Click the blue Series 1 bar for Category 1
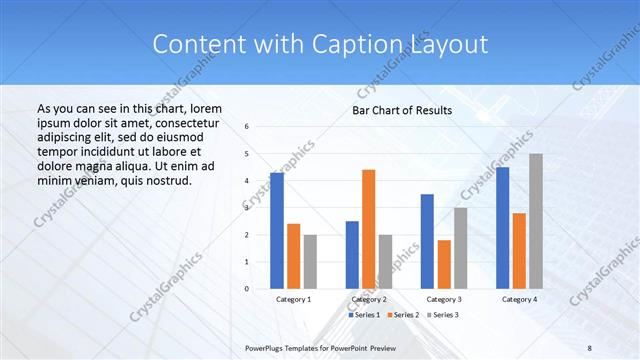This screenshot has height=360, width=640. [x=277, y=230]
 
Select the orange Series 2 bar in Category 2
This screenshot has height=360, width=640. [x=368, y=229]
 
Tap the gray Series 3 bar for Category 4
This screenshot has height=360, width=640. [x=536, y=221]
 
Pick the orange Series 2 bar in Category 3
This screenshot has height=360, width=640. [x=444, y=264]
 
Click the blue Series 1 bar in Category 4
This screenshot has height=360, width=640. [x=503, y=227]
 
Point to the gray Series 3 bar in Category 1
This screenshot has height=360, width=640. [x=310, y=261]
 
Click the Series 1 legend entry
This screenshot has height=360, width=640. [x=364, y=315]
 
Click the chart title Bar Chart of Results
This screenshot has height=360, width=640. [x=402, y=110]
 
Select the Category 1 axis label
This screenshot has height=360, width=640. [x=293, y=299]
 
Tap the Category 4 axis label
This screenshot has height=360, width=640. [x=519, y=299]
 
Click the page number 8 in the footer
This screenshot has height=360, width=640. [x=589, y=346]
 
